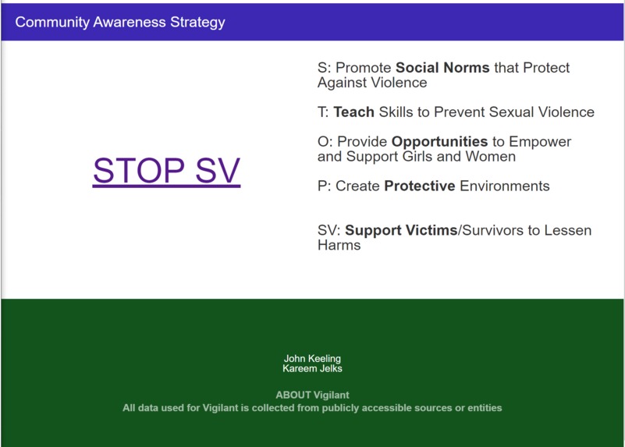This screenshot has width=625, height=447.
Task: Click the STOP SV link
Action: (166, 171)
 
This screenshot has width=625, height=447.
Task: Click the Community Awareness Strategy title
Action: (120, 22)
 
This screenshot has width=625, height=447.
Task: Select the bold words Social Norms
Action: (442, 68)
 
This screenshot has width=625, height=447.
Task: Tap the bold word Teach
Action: (353, 112)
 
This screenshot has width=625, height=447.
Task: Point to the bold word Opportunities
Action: (439, 142)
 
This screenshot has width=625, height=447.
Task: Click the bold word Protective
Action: (419, 186)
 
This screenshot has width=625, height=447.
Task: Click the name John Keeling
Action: (312, 359)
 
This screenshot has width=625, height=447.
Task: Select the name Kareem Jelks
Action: (312, 368)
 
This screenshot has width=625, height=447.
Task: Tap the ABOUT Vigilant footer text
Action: (312, 396)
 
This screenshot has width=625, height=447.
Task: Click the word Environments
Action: (505, 186)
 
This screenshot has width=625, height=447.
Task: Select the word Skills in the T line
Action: (396, 112)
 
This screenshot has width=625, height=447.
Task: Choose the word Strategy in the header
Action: (197, 22)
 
